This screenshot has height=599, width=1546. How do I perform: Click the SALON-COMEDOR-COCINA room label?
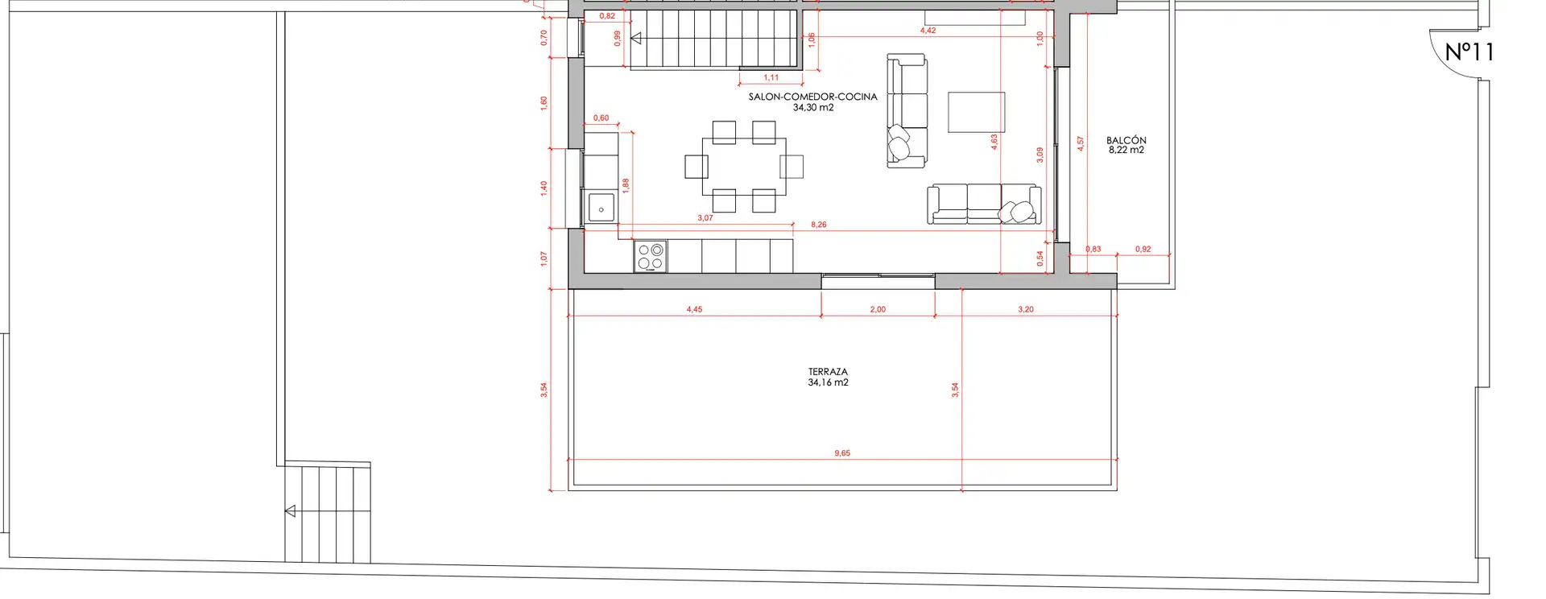812,97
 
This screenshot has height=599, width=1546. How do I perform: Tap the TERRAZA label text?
828,372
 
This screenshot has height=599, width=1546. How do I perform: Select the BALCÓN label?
1126,140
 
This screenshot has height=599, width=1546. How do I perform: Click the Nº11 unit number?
1470,52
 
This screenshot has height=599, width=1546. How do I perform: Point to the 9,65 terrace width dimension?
842,453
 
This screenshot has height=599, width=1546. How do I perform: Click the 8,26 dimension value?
819,225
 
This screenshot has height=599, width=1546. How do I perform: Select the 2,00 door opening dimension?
878,309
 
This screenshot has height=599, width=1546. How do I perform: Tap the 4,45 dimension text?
694,309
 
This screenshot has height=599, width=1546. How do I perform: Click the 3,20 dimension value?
1025,309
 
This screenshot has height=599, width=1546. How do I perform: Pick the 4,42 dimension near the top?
928,31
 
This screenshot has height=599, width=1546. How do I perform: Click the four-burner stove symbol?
651,256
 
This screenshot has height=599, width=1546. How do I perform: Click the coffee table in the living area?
976,112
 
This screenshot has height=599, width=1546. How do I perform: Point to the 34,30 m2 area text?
813,107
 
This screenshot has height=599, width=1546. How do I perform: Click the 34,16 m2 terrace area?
828,382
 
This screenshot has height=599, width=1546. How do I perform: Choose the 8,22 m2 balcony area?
1126,150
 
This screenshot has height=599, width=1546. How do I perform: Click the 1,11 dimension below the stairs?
771,78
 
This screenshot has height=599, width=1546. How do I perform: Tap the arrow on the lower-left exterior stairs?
290,511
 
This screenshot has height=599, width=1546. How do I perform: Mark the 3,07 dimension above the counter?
705,218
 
